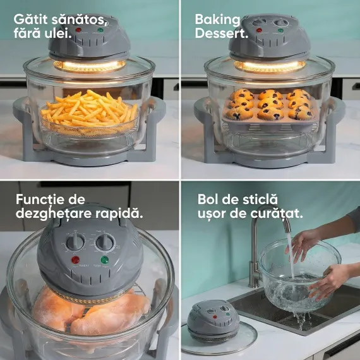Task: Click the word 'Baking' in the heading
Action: tap(217, 20)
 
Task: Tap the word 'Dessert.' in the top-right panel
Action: tap(222, 33)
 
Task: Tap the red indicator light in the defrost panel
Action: tap(75, 260)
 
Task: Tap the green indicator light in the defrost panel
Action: tap(104, 260)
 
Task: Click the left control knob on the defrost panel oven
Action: tap(76, 241)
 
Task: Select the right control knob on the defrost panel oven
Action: tap(105, 242)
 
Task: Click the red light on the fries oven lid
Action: tap(78, 30)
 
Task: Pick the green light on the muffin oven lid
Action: tap(280, 30)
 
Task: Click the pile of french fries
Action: tap(89, 109)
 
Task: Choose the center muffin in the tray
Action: tap(270, 104)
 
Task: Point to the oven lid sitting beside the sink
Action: tap(213, 321)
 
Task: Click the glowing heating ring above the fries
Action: tap(90, 66)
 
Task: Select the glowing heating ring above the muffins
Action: tap(270, 66)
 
